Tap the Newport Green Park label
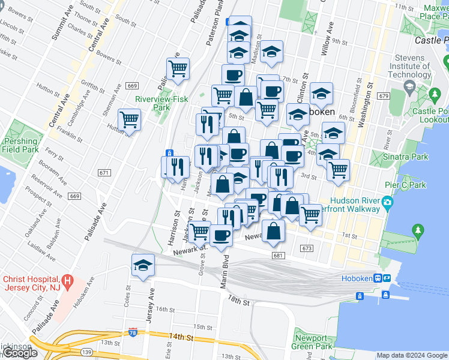click(312, 342)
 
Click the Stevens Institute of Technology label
click(409, 66)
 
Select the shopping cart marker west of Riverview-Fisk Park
click(129, 119)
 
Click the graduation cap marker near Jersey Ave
click(143, 265)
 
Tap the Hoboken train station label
click(357, 278)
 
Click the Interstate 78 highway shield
click(132, 332)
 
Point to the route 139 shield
click(88, 350)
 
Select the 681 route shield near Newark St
click(277, 256)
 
